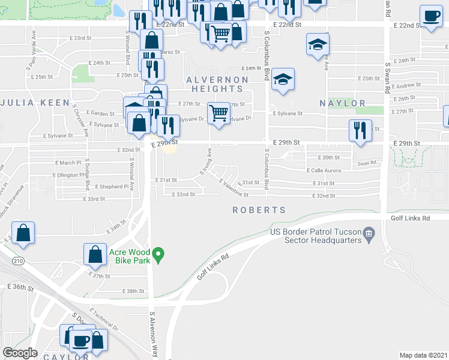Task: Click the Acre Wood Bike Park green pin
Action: coord(158,255)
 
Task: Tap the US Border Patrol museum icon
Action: coord(369,232)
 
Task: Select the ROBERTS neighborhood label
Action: coord(259,210)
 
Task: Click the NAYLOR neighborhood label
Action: coord(342,103)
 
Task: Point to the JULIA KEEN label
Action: coord(34,103)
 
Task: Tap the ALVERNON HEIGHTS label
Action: coord(217,84)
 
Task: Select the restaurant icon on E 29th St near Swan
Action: coord(359,131)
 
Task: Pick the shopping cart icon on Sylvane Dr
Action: coord(218,112)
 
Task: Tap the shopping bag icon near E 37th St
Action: coord(95,254)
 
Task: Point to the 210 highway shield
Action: coord(19,260)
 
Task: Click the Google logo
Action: coord(20,352)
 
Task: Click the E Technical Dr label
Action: coord(104,320)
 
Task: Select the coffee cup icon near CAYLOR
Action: coord(80,340)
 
